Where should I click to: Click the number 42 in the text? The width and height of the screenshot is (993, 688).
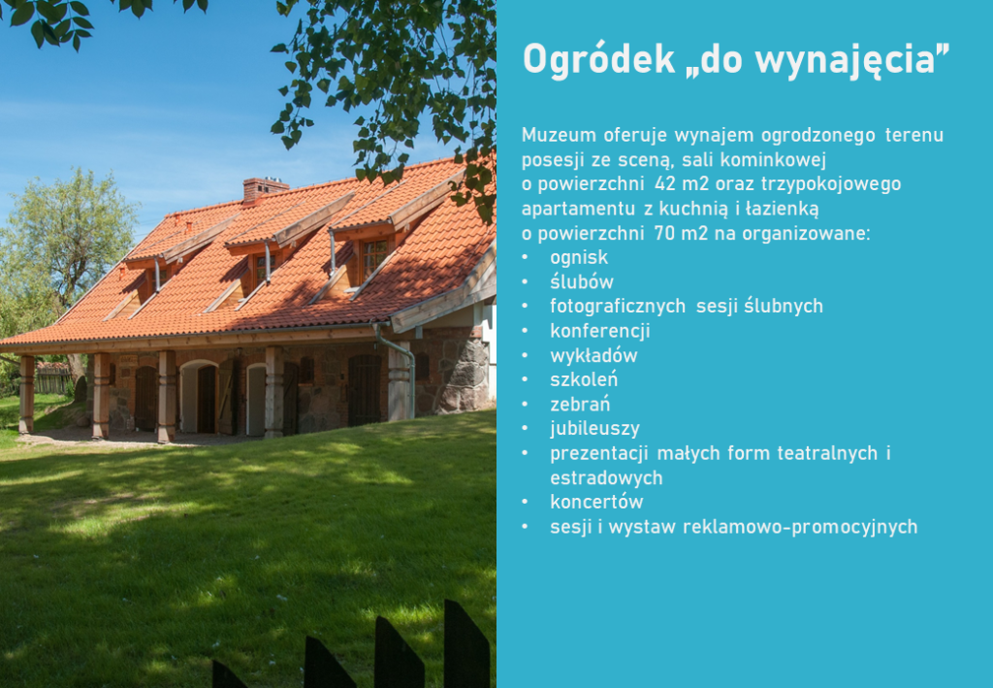(x=665, y=183)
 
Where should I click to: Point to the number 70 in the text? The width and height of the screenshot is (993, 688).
(x=665, y=233)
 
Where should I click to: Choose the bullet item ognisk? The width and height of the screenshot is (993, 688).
(x=579, y=258)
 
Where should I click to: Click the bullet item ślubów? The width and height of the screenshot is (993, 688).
(x=582, y=282)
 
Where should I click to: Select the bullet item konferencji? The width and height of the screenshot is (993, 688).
(x=599, y=331)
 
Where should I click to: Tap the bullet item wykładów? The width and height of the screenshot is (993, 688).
(x=593, y=355)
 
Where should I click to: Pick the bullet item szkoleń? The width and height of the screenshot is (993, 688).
(x=583, y=379)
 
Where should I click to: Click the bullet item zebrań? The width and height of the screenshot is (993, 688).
(x=580, y=405)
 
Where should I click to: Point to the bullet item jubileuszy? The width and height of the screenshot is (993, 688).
(x=594, y=429)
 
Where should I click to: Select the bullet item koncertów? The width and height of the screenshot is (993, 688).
(x=596, y=502)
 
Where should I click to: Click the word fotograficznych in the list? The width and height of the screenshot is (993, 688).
(x=618, y=307)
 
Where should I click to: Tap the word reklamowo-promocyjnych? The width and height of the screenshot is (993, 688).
(x=800, y=527)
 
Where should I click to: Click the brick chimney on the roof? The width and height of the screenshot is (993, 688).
(x=264, y=189)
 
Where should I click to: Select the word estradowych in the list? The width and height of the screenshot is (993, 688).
(x=606, y=477)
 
